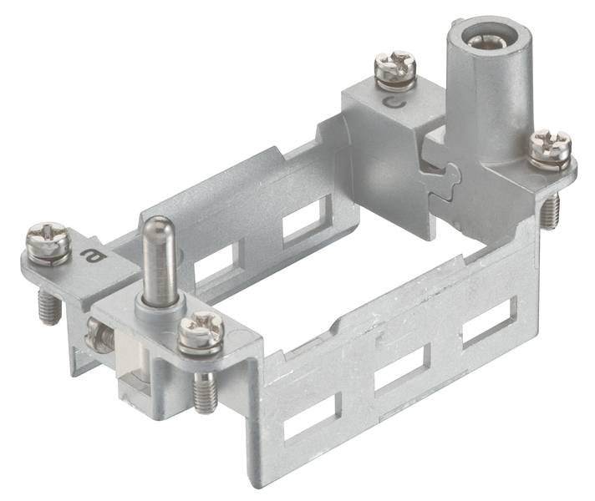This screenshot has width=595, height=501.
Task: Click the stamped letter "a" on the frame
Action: tap(91, 256)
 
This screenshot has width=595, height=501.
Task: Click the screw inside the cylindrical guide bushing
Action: tap(482, 40)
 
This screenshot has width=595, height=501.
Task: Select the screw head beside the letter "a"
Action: tap(48, 244)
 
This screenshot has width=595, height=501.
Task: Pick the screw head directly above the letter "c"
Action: tap(395, 69)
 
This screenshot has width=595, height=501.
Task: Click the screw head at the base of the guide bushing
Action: tap(550, 149)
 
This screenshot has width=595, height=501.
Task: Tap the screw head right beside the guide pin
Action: tap(201, 331)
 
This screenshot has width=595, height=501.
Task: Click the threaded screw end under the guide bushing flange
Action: tap(550, 210)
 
